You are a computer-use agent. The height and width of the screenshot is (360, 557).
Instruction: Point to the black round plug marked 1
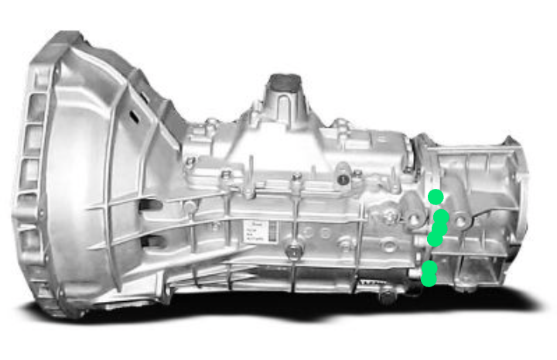pyautogui.click(x=341, y=180)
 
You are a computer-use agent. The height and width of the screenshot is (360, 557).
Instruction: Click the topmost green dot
pyautogui.click(x=436, y=197)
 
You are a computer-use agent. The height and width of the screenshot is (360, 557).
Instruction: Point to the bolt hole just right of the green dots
pyautogui.click(x=461, y=222)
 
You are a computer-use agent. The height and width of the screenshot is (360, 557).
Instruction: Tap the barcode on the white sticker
pyautogui.click(x=253, y=239)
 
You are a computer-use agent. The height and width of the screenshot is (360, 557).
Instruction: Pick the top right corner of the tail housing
pyautogui.click(x=511, y=142)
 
